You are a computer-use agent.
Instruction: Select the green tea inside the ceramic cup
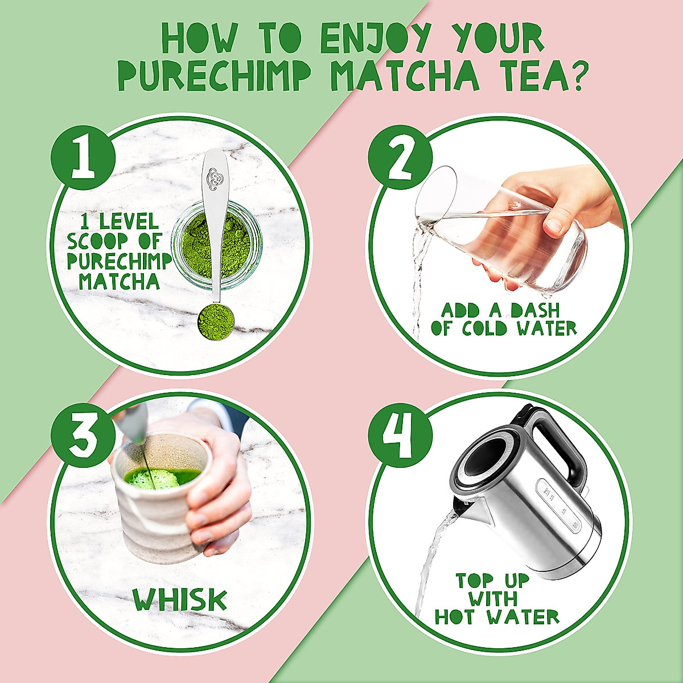162,477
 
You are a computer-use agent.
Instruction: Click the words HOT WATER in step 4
496,617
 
